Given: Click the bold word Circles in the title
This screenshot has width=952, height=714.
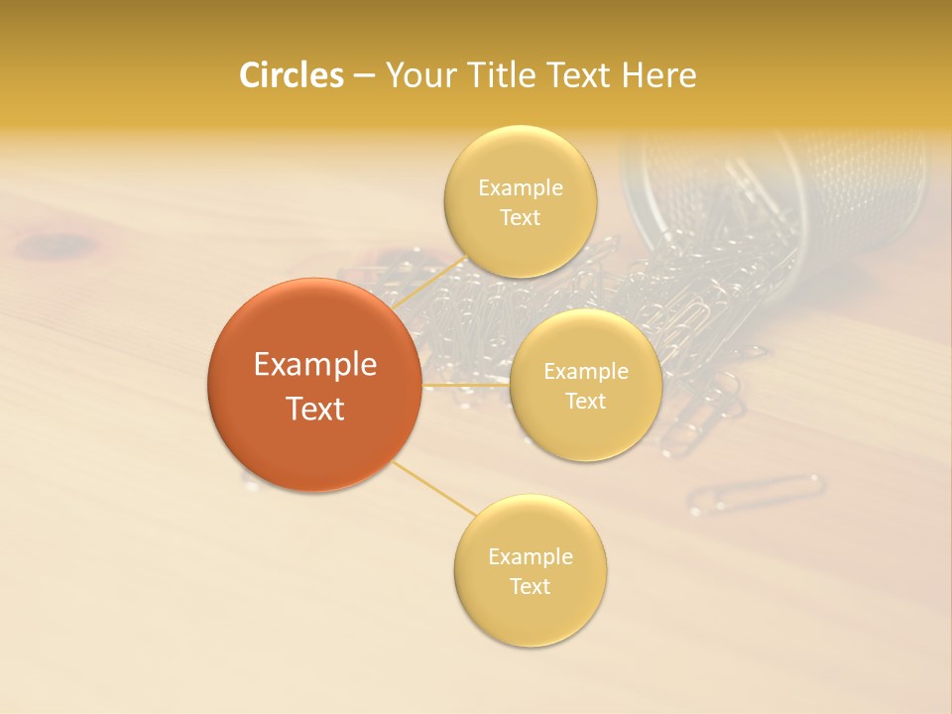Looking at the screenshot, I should [291, 75].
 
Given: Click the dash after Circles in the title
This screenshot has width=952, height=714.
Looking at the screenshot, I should [364, 76].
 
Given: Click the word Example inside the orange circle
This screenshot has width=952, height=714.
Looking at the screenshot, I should [315, 365].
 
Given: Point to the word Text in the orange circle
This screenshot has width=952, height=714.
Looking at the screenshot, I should [315, 409].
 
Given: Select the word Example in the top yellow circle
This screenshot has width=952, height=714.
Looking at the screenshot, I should [521, 188].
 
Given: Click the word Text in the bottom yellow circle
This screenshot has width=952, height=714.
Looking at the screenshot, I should [530, 586].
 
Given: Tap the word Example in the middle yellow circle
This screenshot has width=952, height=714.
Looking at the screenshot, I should [586, 372].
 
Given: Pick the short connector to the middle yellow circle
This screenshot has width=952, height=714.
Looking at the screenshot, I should [465, 385].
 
